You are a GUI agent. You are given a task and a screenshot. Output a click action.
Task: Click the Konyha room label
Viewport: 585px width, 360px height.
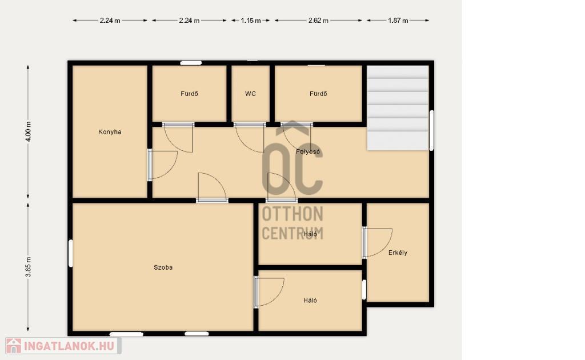click(x=110, y=131)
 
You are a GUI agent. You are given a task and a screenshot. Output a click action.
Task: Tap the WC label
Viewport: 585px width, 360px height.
click(x=250, y=94)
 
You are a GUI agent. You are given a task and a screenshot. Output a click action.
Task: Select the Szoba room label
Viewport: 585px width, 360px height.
click(x=163, y=267)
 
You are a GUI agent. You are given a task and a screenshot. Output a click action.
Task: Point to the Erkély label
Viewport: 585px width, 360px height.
click(x=398, y=253)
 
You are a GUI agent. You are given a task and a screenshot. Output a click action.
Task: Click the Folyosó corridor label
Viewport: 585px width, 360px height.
click(x=308, y=151)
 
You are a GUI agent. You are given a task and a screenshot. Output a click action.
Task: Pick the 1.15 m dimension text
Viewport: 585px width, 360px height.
click(x=250, y=21)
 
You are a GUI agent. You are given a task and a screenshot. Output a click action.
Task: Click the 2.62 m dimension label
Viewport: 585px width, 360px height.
click(x=318, y=21)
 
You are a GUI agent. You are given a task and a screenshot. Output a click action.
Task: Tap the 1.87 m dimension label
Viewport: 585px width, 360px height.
click(x=398, y=21)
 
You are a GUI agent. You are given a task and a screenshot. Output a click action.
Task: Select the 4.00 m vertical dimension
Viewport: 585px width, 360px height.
click(x=28, y=131)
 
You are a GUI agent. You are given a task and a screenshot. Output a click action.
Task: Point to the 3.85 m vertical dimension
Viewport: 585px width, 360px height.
click(x=28, y=267)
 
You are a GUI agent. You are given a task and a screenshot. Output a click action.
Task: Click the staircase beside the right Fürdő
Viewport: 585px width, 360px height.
click(x=398, y=108)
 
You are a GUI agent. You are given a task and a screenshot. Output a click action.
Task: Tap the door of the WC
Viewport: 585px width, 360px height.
click(x=249, y=137)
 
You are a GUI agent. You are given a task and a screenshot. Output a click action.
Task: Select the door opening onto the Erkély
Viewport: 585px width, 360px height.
click(x=378, y=243)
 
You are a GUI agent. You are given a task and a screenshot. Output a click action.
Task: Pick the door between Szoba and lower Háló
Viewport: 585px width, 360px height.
click(x=269, y=292)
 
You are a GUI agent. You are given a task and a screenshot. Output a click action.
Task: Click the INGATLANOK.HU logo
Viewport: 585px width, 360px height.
click(x=63, y=346)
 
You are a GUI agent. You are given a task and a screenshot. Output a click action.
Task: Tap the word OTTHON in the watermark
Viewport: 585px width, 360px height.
click(x=292, y=214)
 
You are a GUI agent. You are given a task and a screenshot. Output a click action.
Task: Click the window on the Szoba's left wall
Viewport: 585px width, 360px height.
click(x=70, y=253)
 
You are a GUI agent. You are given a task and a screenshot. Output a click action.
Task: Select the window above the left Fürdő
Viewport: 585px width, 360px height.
click(x=191, y=63)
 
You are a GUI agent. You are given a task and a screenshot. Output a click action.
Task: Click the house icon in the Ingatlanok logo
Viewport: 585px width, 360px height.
click(x=14, y=346)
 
